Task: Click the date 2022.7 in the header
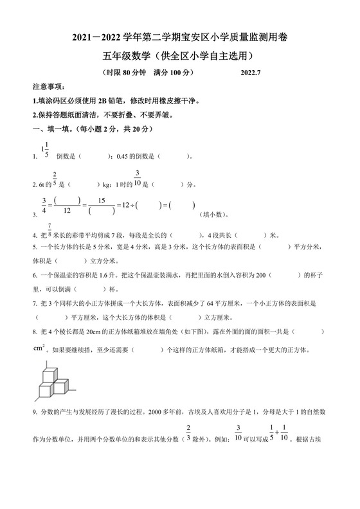[253, 73]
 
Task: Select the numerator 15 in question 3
[101, 201]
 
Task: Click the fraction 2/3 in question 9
[189, 434]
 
